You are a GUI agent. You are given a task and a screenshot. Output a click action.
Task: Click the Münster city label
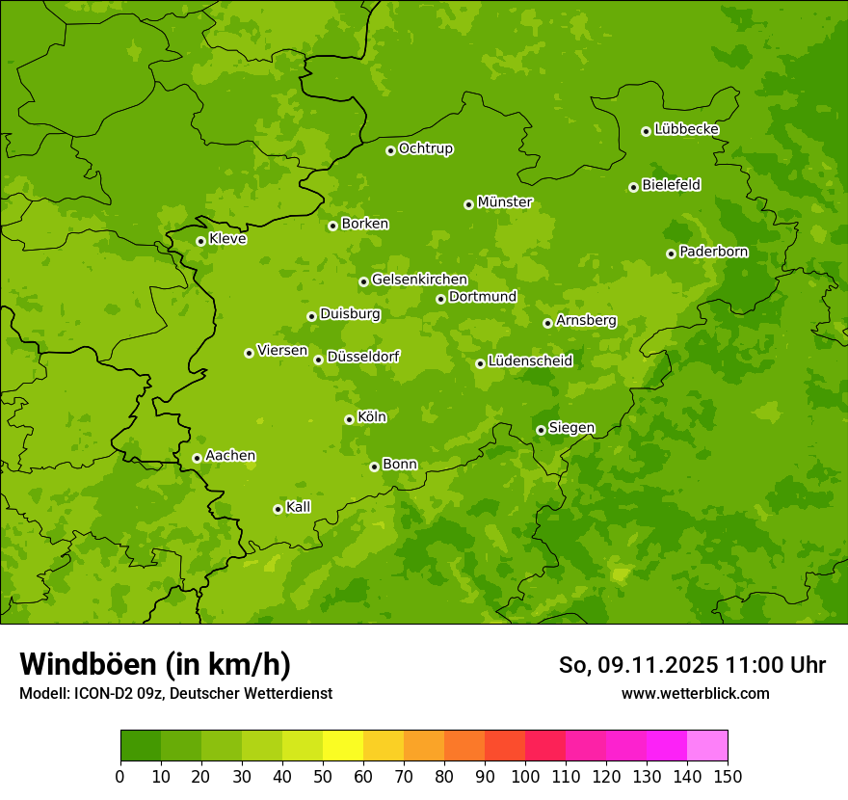tap(505, 202)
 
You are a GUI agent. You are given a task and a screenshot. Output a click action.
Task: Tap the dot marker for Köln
tap(349, 419)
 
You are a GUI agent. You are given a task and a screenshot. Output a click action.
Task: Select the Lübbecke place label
tap(686, 129)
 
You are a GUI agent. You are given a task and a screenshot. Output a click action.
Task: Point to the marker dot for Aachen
tap(197, 458)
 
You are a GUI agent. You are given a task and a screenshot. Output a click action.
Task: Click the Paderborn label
tap(713, 252)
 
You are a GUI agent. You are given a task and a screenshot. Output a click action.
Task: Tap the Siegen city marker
tap(541, 430)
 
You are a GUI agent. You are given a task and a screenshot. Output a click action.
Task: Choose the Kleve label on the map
tap(227, 239)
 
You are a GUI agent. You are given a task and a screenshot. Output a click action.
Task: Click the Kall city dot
tap(278, 509)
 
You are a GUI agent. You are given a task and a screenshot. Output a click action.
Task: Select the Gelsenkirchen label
tap(419, 280)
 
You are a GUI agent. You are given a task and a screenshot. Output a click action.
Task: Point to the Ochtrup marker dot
tap(390, 150)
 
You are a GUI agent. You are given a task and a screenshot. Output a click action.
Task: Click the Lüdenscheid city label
tap(530, 361)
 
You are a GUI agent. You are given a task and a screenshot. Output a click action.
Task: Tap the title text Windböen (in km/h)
tap(155, 664)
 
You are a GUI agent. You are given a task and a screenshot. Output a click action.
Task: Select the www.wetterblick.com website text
tap(695, 693)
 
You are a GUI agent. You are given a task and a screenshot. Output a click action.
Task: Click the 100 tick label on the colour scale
tap(525, 777)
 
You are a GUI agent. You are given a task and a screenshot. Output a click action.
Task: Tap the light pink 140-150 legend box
tap(707, 746)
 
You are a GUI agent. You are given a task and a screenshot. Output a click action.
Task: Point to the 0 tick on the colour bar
tap(120, 777)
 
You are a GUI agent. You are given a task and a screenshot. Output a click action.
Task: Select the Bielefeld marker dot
tap(633, 187)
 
